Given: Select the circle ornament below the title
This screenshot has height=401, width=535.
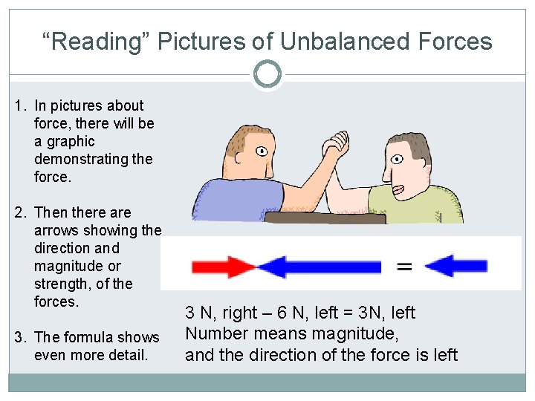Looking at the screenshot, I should coord(267,74).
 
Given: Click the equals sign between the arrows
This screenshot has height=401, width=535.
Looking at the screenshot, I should coord(404,266).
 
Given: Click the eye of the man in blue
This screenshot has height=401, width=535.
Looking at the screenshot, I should coord(262,151).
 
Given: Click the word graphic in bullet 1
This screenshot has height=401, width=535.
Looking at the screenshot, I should coord(65,141).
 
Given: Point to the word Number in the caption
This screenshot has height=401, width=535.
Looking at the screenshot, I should coord(216,333).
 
